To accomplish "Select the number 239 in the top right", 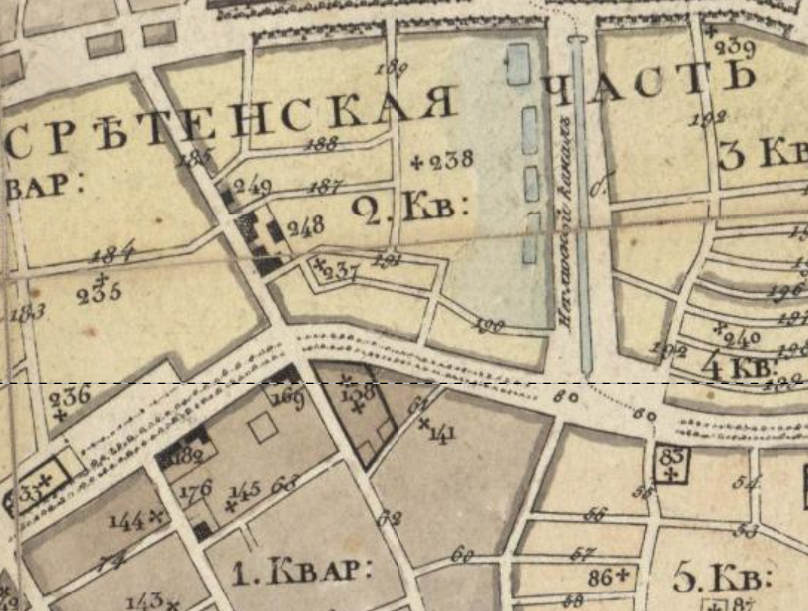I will (735, 49).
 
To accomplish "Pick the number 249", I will (252, 187).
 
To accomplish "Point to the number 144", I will (127, 521).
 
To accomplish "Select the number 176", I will (196, 489).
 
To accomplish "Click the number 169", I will (288, 400).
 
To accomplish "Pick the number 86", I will (600, 576).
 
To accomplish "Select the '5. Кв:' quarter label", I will (723, 577).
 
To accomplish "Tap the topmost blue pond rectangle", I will (517, 64).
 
